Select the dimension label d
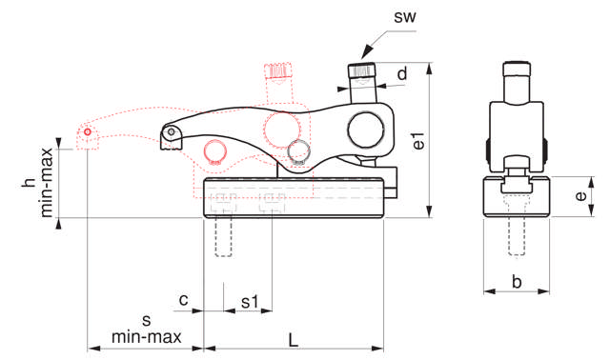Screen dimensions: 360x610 click(x=403, y=73)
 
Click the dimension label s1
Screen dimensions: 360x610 click(x=249, y=302)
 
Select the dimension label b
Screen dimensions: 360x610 click(x=517, y=282)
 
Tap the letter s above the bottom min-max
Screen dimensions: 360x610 click(x=146, y=319)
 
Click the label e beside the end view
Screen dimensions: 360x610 click(x=580, y=196)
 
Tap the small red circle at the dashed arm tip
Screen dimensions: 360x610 click(x=87, y=132)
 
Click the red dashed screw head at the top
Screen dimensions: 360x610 click(x=278, y=70)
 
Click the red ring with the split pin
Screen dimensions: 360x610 click(x=215, y=150)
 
